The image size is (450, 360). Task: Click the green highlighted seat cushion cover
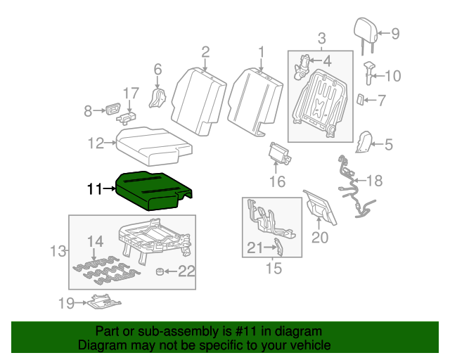[x=150, y=190]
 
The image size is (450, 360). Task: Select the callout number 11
[x=94, y=188]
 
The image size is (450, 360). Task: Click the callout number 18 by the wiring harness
[x=374, y=181]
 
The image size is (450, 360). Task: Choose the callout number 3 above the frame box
[x=321, y=37]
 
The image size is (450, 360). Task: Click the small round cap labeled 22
[x=160, y=271]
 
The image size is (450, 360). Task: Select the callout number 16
[x=278, y=182]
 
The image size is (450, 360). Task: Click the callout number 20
[x=320, y=238]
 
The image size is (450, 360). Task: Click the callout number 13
[x=59, y=251]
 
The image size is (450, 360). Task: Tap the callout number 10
[x=392, y=76]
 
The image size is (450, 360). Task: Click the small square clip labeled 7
[x=360, y=100]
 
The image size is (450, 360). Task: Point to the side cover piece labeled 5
[x=364, y=143]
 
